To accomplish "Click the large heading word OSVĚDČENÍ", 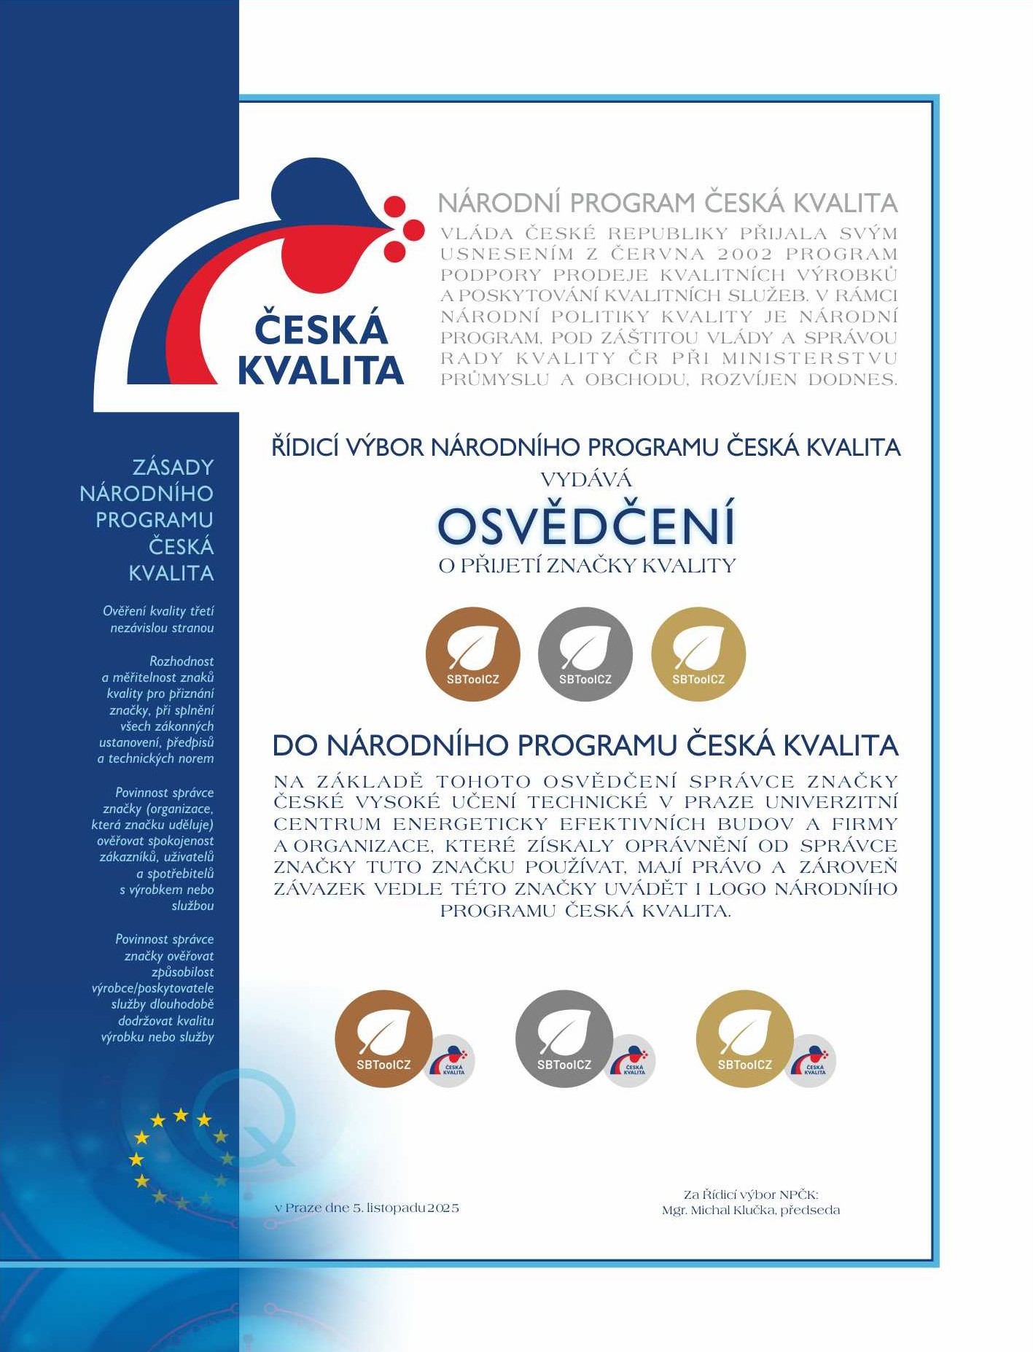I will tap(586, 525).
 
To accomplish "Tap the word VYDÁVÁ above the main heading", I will tap(586, 480).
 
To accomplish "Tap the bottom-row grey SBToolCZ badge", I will tap(564, 1038).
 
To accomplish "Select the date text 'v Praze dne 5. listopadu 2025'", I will tap(367, 1208).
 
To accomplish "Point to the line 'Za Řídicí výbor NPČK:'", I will tap(751, 1194).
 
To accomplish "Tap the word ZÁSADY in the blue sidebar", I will tap(173, 467).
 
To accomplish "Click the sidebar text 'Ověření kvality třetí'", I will tap(158, 611).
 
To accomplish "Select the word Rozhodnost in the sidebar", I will tap(182, 661).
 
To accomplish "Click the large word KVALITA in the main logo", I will tap(321, 370).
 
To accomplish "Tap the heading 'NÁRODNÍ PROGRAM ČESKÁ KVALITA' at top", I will tap(668, 203).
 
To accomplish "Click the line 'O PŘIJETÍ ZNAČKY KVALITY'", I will tap(587, 566).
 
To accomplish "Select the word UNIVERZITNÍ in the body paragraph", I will tap(831, 802).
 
